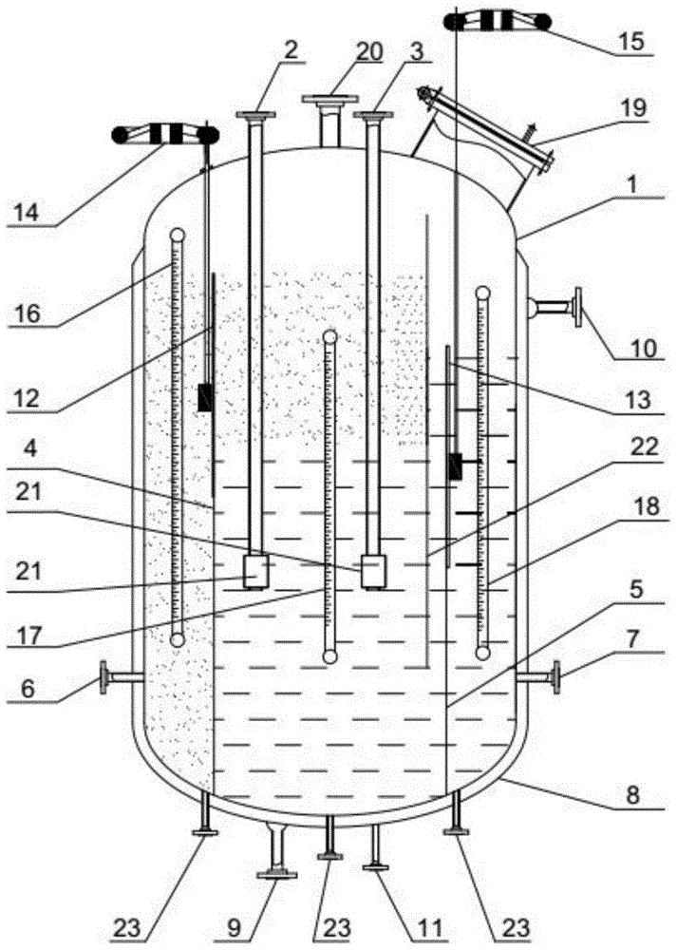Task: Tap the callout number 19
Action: [631, 108]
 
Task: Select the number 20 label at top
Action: [369, 52]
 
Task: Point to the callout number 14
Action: [27, 212]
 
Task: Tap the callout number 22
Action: [645, 447]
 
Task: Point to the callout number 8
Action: [632, 794]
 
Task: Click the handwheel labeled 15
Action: [498, 22]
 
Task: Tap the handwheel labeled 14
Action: [165, 135]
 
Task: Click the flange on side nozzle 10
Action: [579, 307]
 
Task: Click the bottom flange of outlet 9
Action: [276, 874]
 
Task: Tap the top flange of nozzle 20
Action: [330, 99]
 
